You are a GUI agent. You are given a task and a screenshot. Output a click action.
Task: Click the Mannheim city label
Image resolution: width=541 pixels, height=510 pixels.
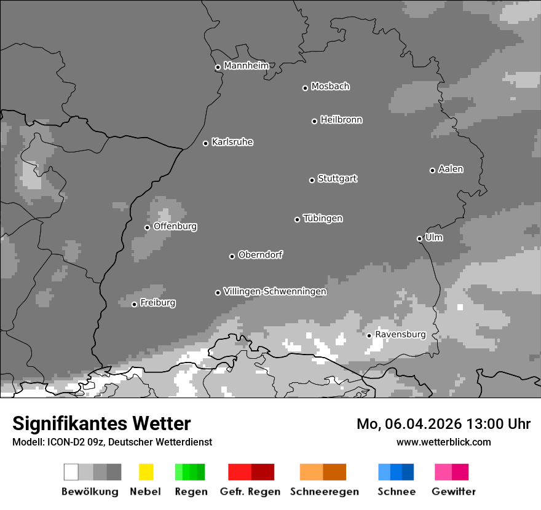(246, 66)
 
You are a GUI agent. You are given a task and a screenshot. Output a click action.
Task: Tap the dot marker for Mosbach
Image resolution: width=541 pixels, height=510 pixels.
(305, 88)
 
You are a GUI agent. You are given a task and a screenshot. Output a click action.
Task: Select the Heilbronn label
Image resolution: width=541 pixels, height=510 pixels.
(341, 120)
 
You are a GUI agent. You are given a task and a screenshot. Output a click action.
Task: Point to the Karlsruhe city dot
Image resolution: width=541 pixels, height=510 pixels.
(206, 143)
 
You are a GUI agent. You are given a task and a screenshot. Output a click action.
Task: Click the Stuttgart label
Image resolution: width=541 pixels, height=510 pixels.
(337, 179)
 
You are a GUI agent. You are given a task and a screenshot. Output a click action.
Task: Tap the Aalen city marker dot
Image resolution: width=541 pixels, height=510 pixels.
(432, 170)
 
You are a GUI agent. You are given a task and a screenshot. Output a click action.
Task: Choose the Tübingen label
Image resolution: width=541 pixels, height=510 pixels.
(323, 219)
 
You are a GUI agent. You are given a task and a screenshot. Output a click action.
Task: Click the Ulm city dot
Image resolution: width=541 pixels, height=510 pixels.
(419, 238)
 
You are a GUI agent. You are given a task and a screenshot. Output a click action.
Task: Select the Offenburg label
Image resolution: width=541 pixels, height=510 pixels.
(175, 226)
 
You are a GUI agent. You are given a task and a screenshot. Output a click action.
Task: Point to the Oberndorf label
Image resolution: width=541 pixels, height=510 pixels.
(260, 255)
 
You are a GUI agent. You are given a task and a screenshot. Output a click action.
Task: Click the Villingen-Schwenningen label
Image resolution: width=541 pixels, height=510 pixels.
(275, 292)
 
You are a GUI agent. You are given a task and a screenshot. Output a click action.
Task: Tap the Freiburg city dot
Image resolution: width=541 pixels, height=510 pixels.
(134, 304)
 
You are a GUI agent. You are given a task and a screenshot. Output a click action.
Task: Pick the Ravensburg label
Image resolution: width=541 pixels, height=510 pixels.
(400, 334)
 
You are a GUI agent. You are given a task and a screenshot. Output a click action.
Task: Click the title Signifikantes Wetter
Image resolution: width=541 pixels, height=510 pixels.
(101, 423)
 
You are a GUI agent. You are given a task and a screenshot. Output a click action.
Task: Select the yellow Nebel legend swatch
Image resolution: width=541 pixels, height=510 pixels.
(146, 472)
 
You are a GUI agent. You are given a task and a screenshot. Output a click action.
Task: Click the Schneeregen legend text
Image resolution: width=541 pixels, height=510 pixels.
(325, 492)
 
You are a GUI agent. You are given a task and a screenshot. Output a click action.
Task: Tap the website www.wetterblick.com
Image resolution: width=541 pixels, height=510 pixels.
(443, 442)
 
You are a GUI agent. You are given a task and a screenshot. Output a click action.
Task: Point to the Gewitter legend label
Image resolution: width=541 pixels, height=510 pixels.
(454, 492)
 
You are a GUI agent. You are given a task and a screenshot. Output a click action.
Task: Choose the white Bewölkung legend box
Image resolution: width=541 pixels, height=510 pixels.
(71, 472)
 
